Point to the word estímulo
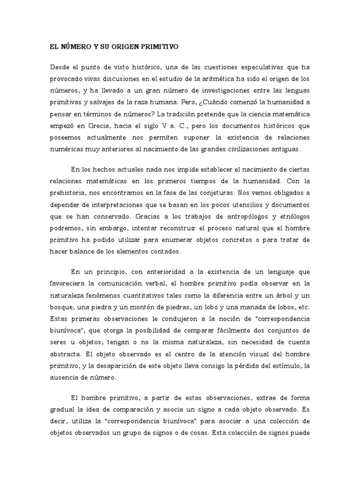click(285, 366)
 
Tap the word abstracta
click(64, 354)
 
